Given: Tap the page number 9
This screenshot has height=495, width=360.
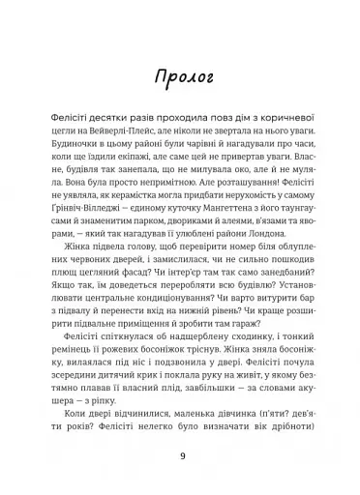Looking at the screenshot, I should point(180,453).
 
